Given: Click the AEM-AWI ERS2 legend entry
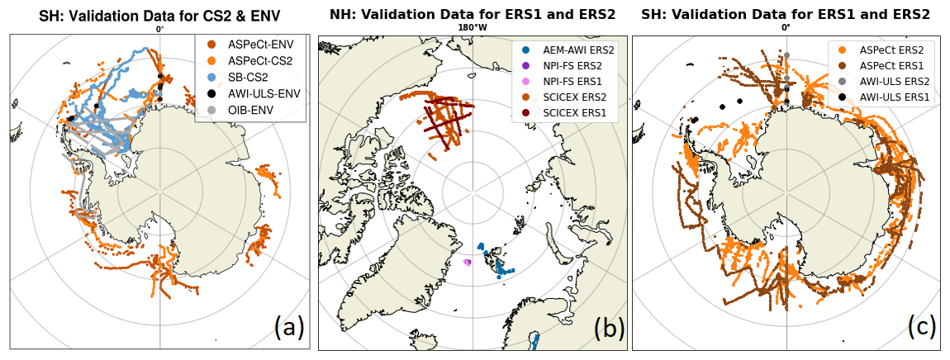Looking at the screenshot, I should point(568,51).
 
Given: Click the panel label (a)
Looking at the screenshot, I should point(289,328).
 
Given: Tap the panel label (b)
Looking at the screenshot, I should point(609,328).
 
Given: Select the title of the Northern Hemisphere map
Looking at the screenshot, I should point(473,13).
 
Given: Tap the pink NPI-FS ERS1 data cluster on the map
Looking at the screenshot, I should point(467,262).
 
